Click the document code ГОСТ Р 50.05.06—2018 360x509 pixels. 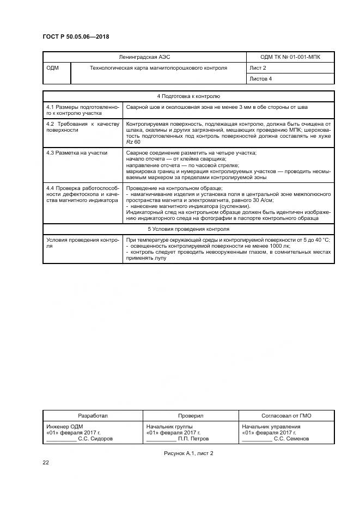click(x=76, y=36)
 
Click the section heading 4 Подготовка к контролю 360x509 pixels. click(x=188, y=96)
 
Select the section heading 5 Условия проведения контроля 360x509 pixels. click(x=188, y=229)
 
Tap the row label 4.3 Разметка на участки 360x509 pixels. click(x=77, y=154)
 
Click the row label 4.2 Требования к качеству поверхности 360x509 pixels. click(x=82, y=127)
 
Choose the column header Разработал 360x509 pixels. click(x=93, y=415)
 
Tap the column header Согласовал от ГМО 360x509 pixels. click(x=287, y=415)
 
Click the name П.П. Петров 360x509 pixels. click(x=194, y=438)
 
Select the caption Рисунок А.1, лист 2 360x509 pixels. click(x=188, y=453)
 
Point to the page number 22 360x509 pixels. click(x=46, y=463)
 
